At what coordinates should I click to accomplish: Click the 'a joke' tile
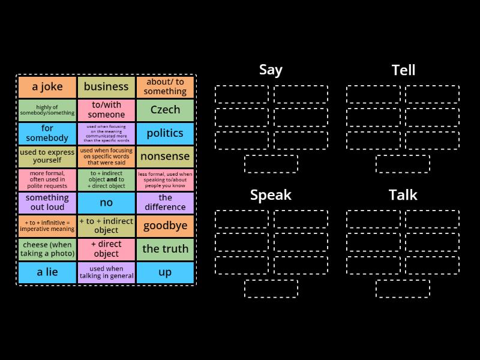pyautogui.click(x=47, y=87)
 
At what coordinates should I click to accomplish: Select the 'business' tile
pyautogui.click(x=106, y=87)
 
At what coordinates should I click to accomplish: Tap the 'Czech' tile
pyautogui.click(x=165, y=110)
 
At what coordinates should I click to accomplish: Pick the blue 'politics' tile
pyautogui.click(x=165, y=133)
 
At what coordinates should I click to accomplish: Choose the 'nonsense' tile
pyautogui.click(x=165, y=157)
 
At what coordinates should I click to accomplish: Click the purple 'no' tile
pyautogui.click(x=106, y=203)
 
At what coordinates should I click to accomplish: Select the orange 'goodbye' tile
pyautogui.click(x=165, y=226)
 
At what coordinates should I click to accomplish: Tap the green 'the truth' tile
pyautogui.click(x=165, y=249)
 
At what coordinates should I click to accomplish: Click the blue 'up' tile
pyautogui.click(x=165, y=272)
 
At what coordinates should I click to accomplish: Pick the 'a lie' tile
pyautogui.click(x=47, y=272)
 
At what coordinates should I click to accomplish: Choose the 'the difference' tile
pyautogui.click(x=165, y=203)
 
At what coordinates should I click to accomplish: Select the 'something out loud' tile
pyautogui.click(x=47, y=203)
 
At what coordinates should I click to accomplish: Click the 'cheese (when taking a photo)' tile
pyautogui.click(x=47, y=249)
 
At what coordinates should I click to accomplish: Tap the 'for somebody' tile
pyautogui.click(x=47, y=133)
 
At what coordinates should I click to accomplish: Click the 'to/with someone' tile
pyautogui.click(x=106, y=110)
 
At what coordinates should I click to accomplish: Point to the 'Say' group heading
pyautogui.click(x=271, y=70)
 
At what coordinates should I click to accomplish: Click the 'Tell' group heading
pyautogui.click(x=403, y=70)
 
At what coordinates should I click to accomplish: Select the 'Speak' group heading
pyautogui.click(x=271, y=195)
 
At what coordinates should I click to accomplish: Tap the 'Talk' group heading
pyautogui.click(x=403, y=195)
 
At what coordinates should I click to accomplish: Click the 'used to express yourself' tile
pyautogui.click(x=47, y=157)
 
